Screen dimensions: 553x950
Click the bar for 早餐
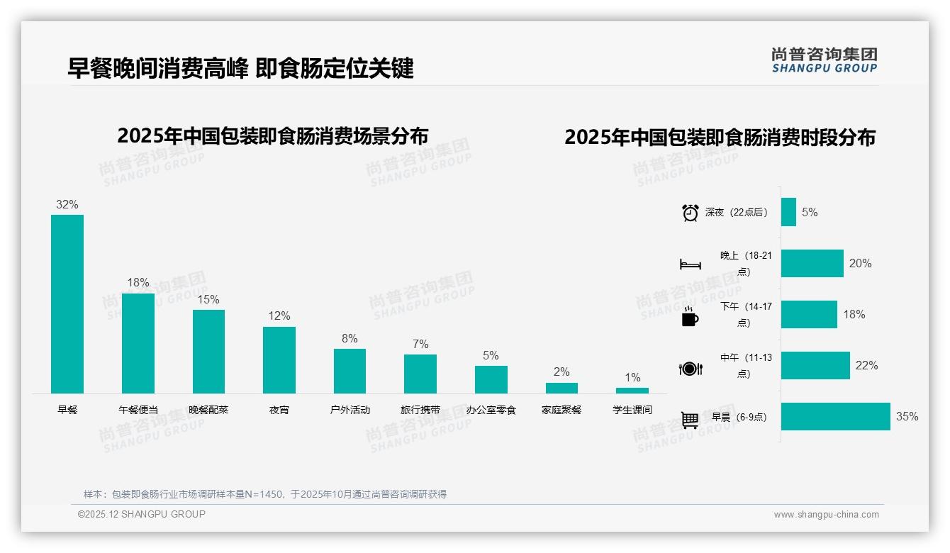(67, 304)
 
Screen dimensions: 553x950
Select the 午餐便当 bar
(138, 343)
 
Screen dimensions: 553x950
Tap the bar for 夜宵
(279, 360)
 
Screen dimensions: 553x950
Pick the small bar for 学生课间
(632, 391)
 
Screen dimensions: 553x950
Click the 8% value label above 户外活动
(350, 339)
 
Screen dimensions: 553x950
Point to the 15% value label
(208, 300)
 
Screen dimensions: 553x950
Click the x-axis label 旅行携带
(420, 410)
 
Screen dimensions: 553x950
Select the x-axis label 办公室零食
(491, 410)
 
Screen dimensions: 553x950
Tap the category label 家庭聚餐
(561, 410)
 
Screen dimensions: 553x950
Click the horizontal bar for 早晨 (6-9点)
(835, 417)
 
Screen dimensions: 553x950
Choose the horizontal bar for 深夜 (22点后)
(788, 212)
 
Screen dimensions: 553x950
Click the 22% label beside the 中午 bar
(866, 366)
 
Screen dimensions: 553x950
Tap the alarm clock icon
(690, 213)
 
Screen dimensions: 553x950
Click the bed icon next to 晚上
(690, 264)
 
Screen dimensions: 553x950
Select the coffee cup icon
(690, 317)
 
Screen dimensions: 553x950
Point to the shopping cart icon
(690, 420)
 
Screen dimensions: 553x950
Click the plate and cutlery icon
(690, 369)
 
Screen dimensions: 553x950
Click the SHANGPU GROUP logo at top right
(824, 60)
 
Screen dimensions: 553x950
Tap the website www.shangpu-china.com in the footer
(826, 515)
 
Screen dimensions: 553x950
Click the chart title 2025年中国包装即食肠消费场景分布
(273, 135)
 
